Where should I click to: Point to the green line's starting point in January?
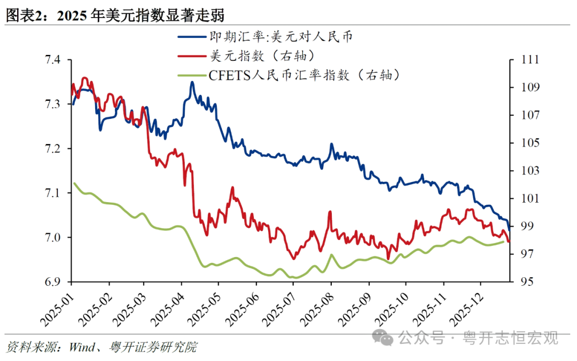74,183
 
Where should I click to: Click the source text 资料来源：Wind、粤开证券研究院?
102,347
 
